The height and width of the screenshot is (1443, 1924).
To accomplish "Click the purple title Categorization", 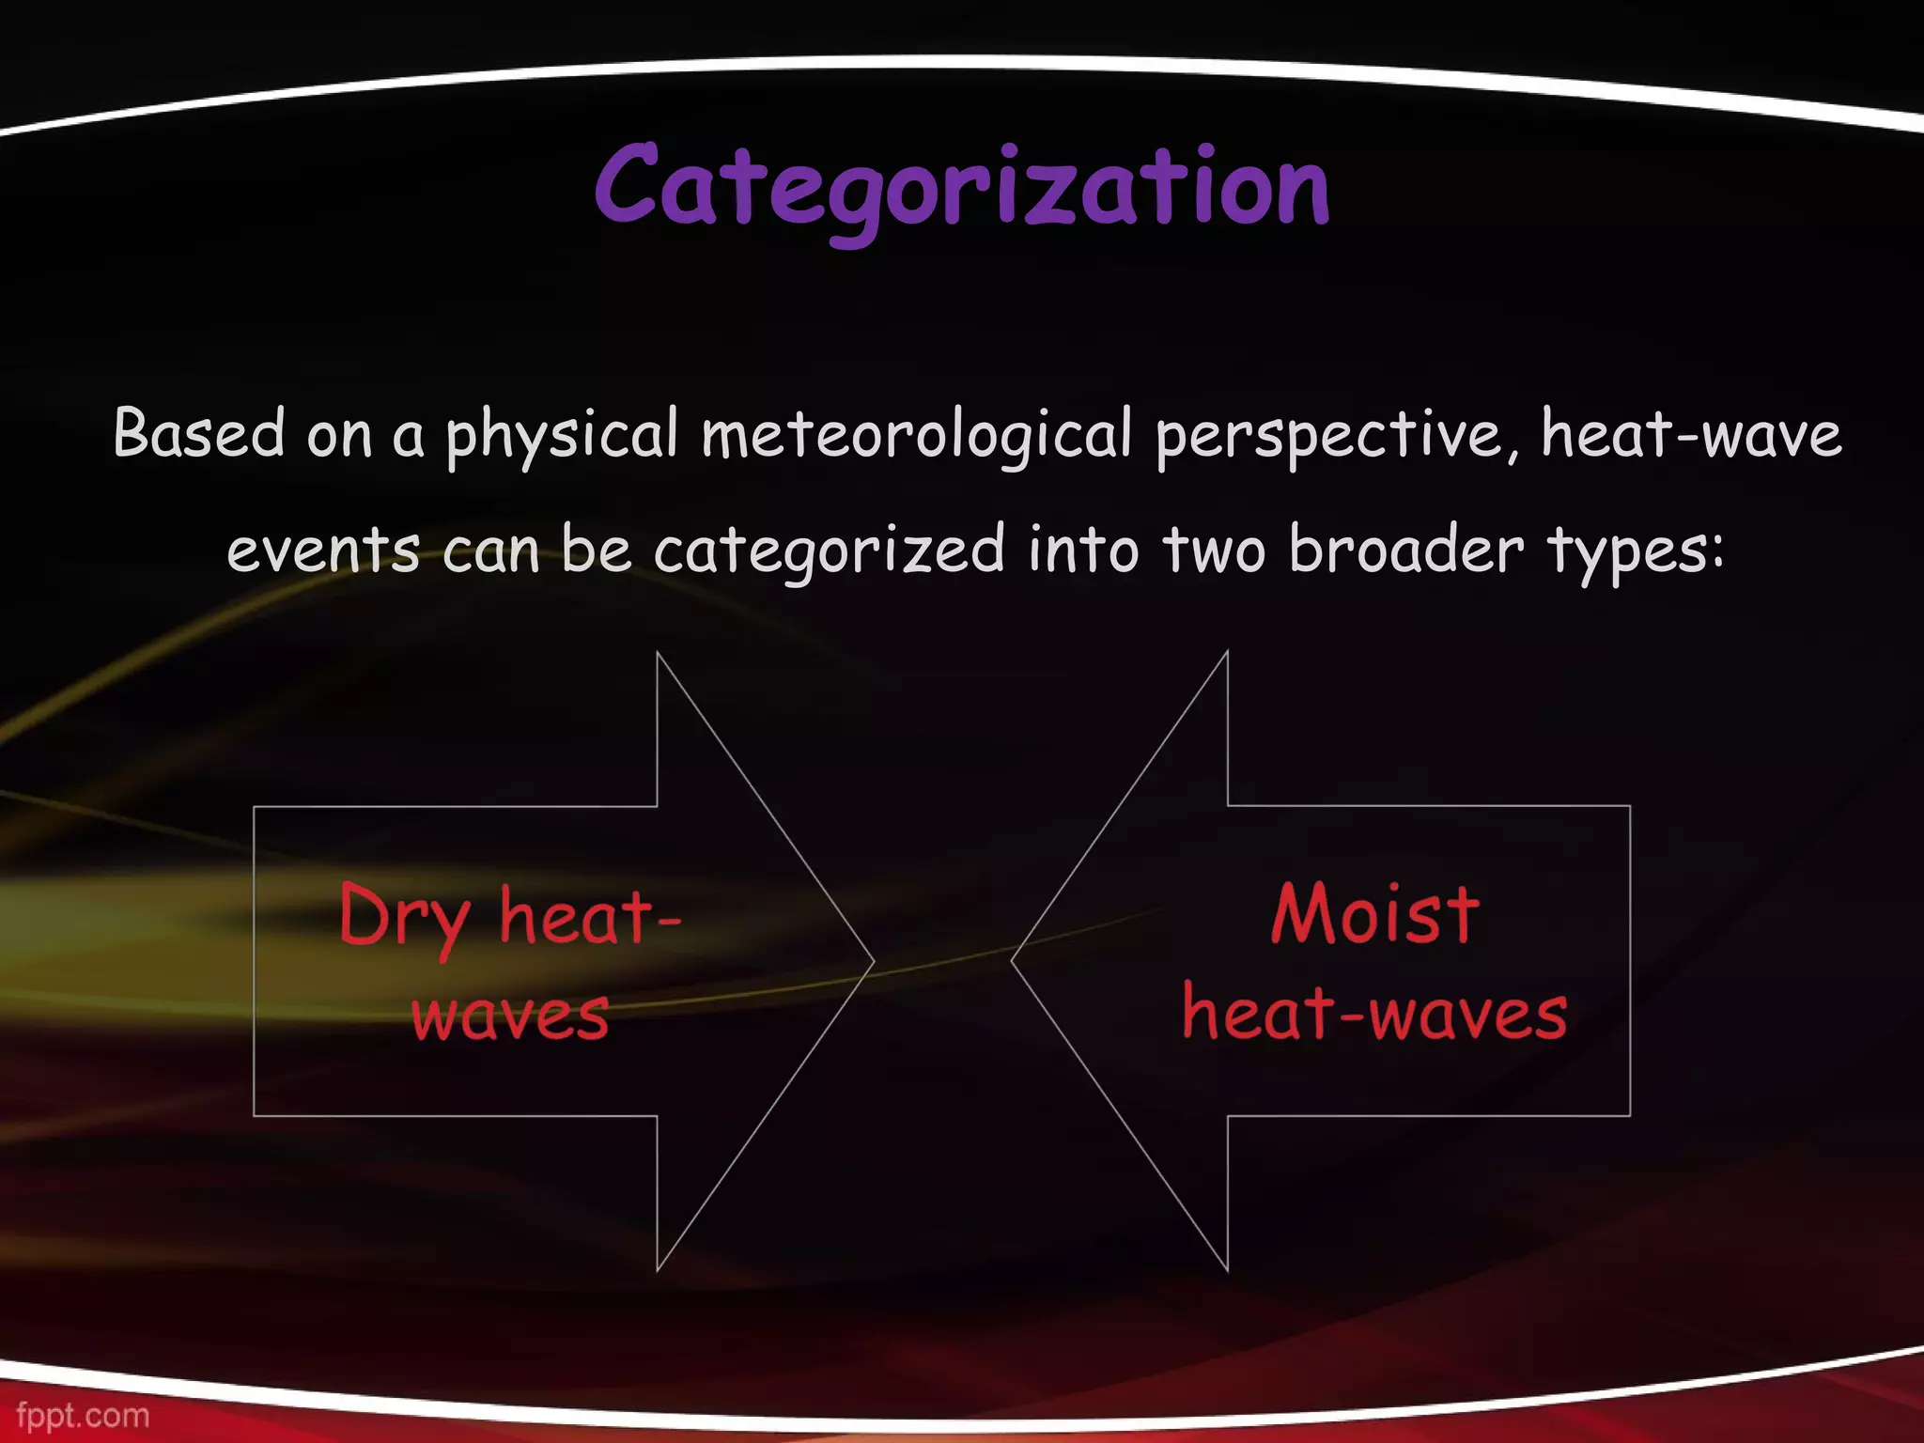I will click(961, 188).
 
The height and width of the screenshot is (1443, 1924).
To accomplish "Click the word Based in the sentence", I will click(198, 433).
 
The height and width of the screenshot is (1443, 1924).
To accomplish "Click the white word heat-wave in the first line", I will click(1691, 435).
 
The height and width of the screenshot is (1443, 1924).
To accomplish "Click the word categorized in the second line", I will click(829, 551).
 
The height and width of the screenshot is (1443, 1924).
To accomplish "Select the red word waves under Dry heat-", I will click(510, 1016).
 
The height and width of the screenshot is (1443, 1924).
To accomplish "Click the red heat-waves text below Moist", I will click(1374, 1015).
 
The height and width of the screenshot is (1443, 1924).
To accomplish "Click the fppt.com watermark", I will click(83, 1415).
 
